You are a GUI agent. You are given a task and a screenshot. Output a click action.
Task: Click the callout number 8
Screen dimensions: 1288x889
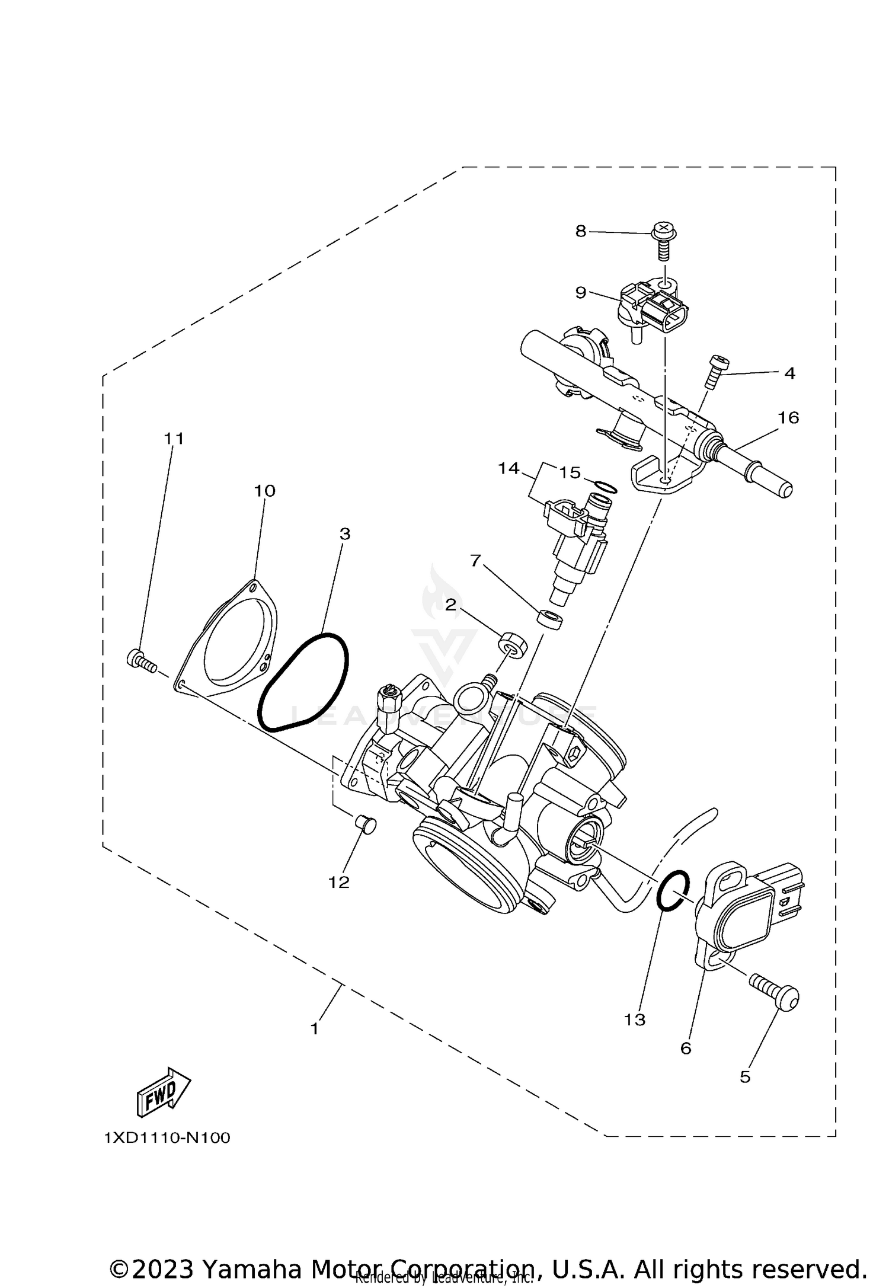pyautogui.click(x=580, y=231)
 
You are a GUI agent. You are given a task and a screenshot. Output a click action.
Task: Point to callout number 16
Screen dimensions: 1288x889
pyautogui.click(x=788, y=418)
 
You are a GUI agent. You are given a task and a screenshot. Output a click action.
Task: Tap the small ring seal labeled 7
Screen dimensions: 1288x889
pyautogui.click(x=550, y=619)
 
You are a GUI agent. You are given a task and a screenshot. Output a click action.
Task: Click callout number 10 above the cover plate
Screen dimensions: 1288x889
pyautogui.click(x=265, y=491)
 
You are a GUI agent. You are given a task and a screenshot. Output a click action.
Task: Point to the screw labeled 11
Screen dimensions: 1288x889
pyautogui.click(x=140, y=660)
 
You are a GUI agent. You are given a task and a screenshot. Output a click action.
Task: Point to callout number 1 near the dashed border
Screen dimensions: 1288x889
pyautogui.click(x=315, y=1028)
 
